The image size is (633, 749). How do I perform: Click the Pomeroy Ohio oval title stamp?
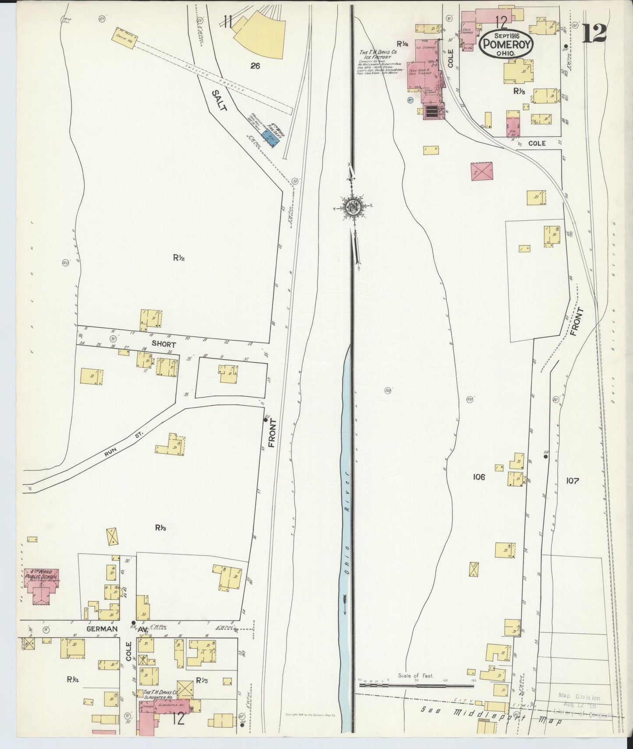502,43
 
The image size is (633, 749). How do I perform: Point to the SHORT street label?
163,345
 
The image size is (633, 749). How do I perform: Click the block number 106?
479,477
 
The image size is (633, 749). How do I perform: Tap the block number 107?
572,480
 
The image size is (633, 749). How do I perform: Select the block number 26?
255,66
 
